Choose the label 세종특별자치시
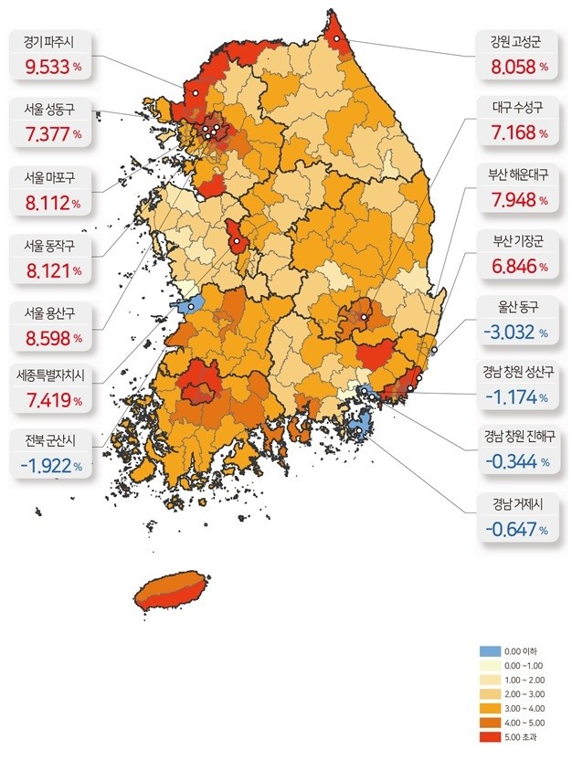pos(51,374)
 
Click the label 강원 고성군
pos(516,41)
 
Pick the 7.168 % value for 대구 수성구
pos(516,132)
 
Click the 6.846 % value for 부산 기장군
pos(516,267)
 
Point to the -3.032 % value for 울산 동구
pos(516,333)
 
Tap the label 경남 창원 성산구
pos(518,373)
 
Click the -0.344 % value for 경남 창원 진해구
pos(516,462)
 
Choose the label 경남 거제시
pos(517,503)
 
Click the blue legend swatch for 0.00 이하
pos(491,651)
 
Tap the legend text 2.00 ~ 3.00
pos(524,692)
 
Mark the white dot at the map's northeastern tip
pos(337,39)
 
